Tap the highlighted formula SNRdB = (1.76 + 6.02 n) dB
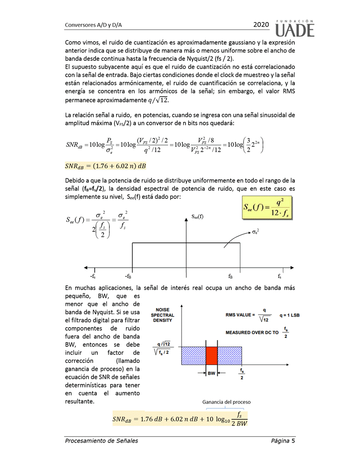pos(105,166)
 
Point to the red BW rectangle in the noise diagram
pos(212,355)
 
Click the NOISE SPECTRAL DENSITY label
pos(163,315)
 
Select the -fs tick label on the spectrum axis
pos(93,276)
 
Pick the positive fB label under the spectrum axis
pos(230,276)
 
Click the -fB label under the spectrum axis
pos(128,276)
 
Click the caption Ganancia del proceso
pos(226,402)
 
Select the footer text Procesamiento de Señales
pos(101,440)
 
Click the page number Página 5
pos(283,440)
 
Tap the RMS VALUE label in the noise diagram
pos(240,315)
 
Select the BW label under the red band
pos(212,373)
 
